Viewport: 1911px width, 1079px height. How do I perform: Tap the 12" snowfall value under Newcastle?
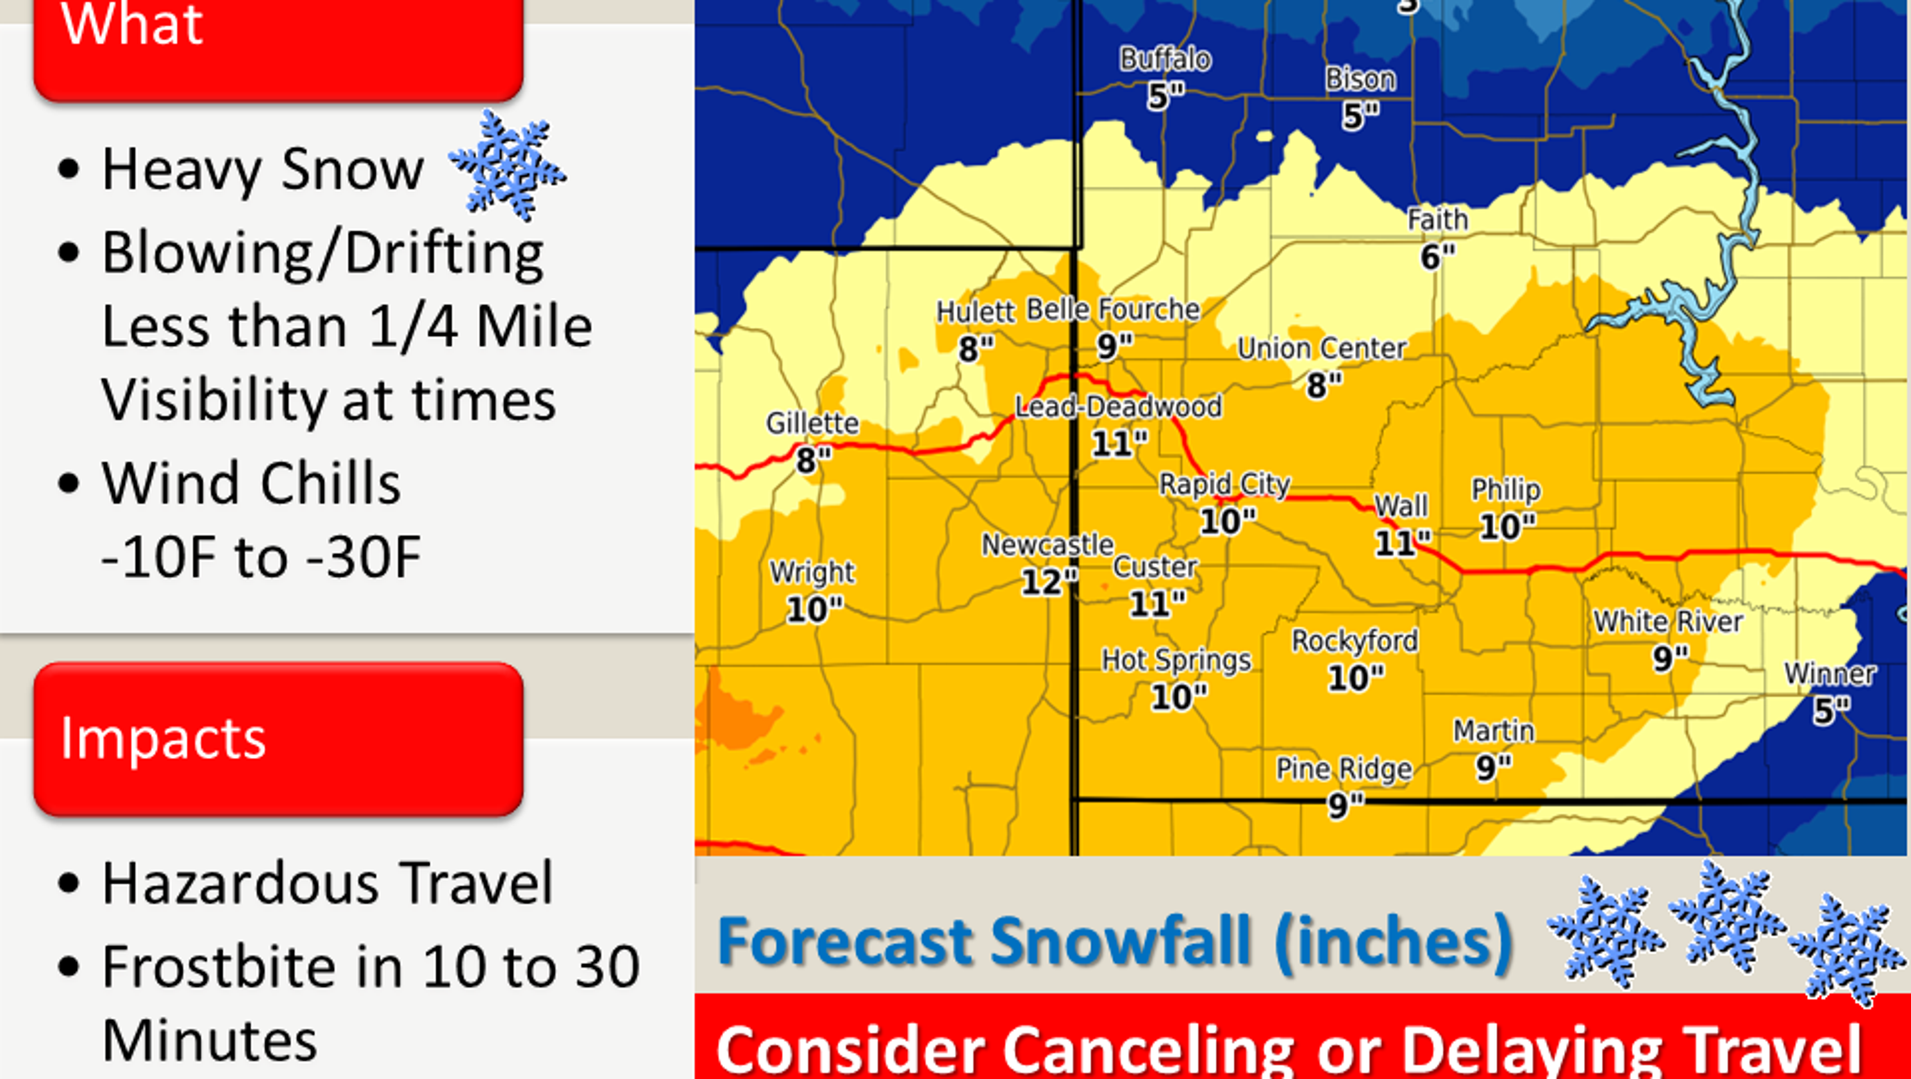(x=1047, y=581)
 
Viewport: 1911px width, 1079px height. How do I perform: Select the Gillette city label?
(x=812, y=424)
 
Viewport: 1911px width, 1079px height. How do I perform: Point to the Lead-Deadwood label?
(x=1118, y=406)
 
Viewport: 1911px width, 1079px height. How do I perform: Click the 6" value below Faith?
(x=1437, y=256)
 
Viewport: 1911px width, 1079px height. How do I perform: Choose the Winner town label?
(x=1830, y=674)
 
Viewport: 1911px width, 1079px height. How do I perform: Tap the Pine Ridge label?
(x=1344, y=769)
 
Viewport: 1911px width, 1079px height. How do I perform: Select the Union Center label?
(x=1322, y=348)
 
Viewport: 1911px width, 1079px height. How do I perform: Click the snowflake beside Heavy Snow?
(x=508, y=165)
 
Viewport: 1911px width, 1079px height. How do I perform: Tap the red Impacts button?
(x=278, y=739)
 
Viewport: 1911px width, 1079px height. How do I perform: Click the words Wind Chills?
(x=251, y=483)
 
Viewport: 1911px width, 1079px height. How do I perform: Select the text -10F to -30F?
(x=261, y=557)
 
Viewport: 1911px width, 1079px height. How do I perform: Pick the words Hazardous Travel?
(x=327, y=883)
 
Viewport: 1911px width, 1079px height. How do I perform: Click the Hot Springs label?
(x=1176, y=660)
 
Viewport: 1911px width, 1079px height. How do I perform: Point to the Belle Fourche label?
(x=1113, y=310)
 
